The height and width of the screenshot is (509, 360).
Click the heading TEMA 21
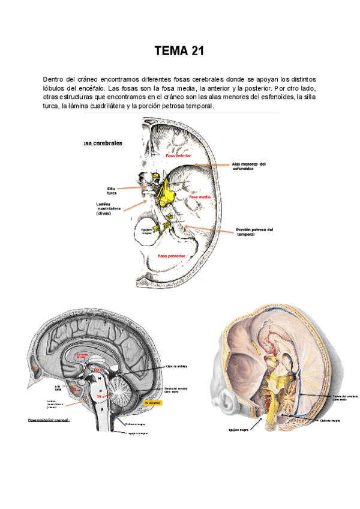coord(179,52)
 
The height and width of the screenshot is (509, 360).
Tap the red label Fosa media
coord(200,197)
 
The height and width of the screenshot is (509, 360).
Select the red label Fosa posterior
coord(171,256)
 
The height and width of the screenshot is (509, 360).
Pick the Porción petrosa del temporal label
coord(254,231)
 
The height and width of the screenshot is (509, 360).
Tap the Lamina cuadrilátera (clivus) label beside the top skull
coord(109,208)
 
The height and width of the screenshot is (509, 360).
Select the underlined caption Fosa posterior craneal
coord(49,420)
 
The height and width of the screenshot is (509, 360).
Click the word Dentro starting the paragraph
coord(53,79)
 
